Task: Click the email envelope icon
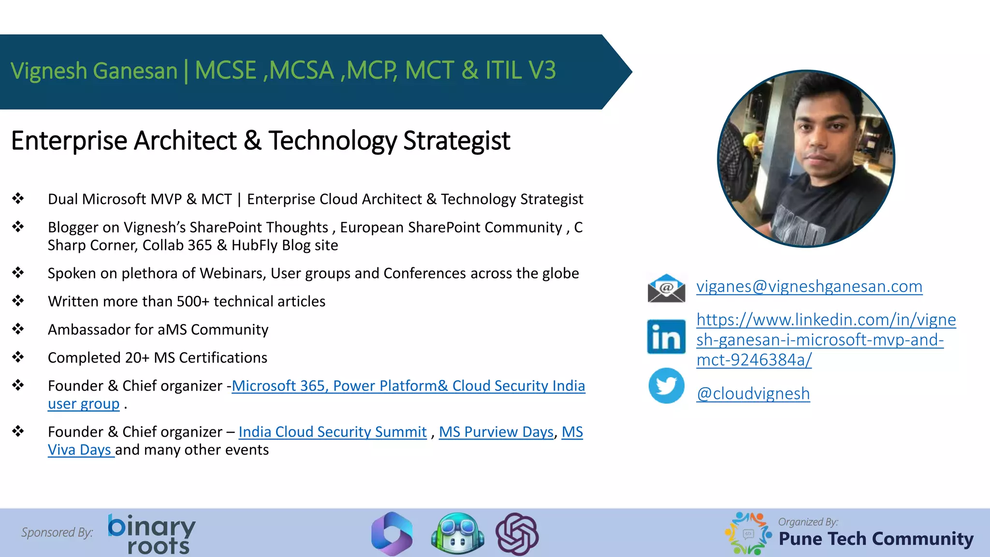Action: (x=666, y=288)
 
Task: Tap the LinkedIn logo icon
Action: (x=666, y=337)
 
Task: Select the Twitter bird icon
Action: (x=666, y=386)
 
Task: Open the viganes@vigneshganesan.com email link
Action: (x=809, y=286)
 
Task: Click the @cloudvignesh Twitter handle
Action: (x=753, y=394)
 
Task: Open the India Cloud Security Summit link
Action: (x=333, y=432)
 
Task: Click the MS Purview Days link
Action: (x=496, y=432)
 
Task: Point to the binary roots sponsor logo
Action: (x=152, y=533)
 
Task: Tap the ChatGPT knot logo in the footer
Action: (x=517, y=534)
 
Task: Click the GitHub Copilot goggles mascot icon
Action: (x=457, y=534)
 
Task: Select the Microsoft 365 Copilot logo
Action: (x=392, y=534)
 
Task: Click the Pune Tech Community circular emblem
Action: (x=748, y=533)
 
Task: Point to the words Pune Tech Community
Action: (x=876, y=539)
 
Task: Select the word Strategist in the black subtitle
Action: (x=456, y=141)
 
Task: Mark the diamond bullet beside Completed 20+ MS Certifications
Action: (x=18, y=357)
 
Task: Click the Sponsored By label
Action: (x=57, y=532)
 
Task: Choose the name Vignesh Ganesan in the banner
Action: (x=94, y=71)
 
